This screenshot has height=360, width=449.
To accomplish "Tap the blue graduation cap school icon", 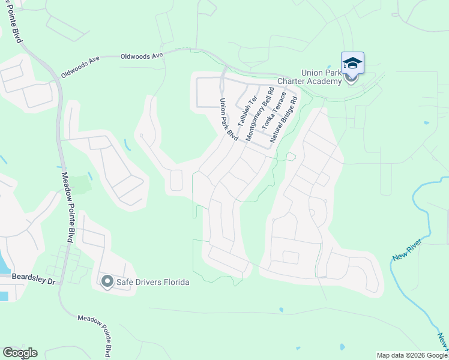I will coord(352,63).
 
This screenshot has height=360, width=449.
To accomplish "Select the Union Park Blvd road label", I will coord(229,119).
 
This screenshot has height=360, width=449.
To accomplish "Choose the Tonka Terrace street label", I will coord(274,115).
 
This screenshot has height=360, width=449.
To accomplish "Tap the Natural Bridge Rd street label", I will coord(284,120).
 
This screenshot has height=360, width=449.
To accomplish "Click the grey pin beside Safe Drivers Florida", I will coord(107,281).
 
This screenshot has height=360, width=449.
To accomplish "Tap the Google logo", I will coord(20,353).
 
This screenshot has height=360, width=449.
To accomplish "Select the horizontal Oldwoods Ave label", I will coord(142,55).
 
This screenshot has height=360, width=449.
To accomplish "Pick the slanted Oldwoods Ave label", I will coord(80,67).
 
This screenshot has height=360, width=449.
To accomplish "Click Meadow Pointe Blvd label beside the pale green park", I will coord(67,208).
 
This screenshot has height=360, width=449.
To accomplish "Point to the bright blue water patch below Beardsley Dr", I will coord(4,296).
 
